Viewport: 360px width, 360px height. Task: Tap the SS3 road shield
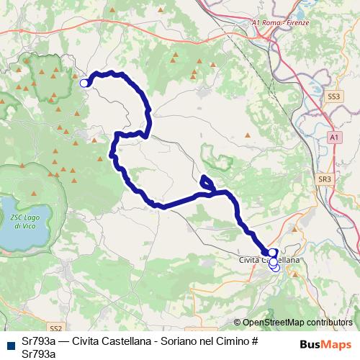(333, 95)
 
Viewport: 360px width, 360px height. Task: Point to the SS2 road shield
(58, 327)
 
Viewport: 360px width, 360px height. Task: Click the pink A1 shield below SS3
(335, 136)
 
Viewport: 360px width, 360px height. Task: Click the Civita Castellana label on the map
(269, 258)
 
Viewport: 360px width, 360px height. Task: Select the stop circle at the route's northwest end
(84, 83)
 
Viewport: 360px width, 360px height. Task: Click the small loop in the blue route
(207, 183)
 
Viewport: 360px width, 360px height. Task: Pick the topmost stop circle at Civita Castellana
(272, 253)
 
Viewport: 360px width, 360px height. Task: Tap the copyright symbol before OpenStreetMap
(238, 323)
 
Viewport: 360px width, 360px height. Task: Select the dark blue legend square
(9, 343)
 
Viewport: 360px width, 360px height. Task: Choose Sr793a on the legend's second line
(38, 353)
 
